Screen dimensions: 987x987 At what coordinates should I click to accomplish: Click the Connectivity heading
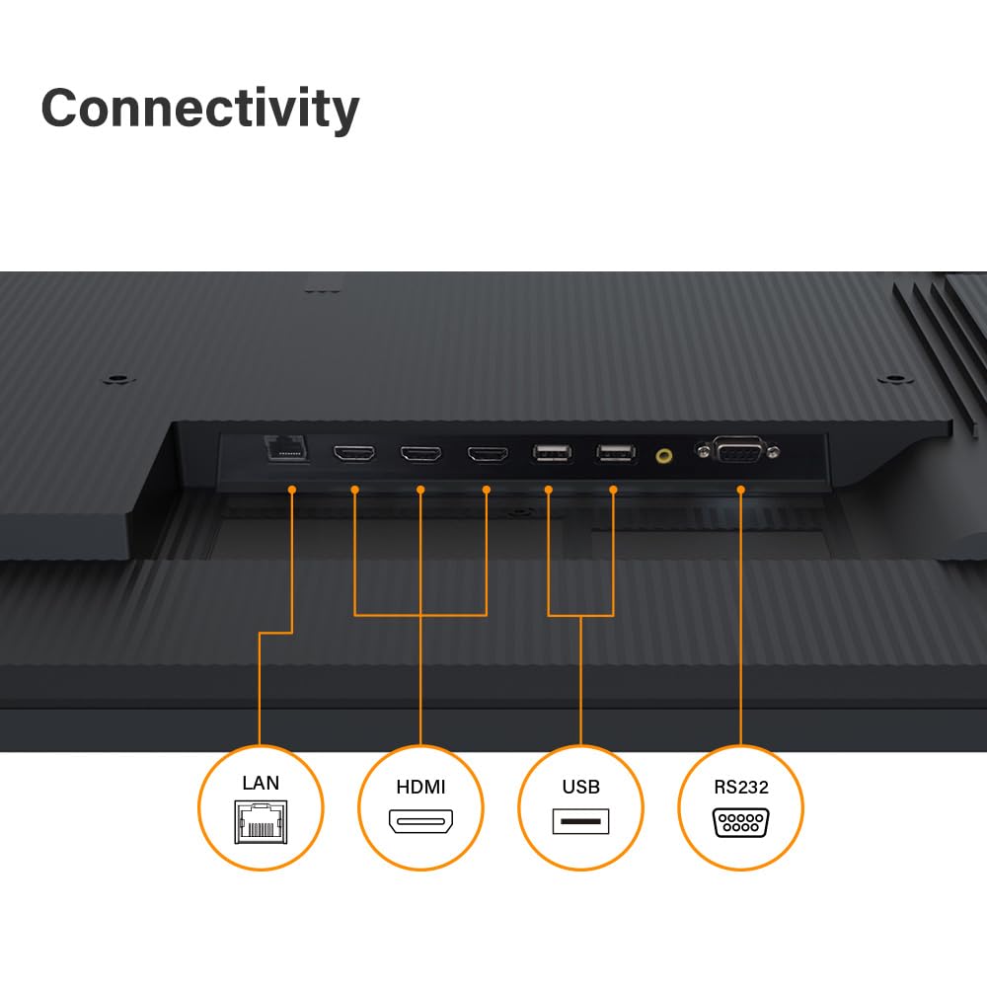coord(199,108)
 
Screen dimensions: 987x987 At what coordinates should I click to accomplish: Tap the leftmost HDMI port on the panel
coord(354,454)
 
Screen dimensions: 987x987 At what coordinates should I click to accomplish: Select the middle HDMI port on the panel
coord(420,454)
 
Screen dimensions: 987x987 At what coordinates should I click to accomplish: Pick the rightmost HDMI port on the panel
coord(487,454)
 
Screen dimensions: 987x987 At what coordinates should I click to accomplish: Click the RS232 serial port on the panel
coord(739,452)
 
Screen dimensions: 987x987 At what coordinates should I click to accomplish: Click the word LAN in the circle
coord(261,783)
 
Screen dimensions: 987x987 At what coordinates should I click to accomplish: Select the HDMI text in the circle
coord(420,787)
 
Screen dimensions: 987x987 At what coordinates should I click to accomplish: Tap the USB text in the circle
coord(580,787)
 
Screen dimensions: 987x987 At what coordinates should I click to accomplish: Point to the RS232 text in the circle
coord(740,787)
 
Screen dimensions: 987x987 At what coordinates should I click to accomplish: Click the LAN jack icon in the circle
coord(261,821)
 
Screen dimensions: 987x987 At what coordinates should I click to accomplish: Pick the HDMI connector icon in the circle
coord(420,821)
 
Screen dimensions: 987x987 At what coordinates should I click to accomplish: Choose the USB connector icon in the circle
coord(580,821)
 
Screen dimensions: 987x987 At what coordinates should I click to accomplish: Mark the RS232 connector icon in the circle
coord(740,822)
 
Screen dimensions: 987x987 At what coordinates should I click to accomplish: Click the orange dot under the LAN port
coord(292,490)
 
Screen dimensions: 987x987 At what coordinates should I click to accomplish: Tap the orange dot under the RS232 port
coord(740,490)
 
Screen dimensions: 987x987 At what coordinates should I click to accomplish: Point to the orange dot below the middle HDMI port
coord(420,490)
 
